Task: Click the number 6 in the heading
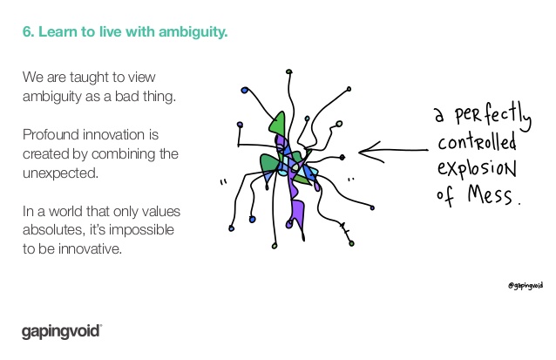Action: click(x=28, y=32)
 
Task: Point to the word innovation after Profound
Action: click(x=114, y=135)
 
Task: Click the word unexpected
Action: click(x=60, y=173)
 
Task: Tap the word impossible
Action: click(x=141, y=230)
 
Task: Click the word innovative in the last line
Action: click(x=90, y=249)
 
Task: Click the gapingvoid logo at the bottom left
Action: click(x=62, y=332)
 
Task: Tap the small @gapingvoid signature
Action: click(x=525, y=286)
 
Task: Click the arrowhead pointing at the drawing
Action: click(x=370, y=152)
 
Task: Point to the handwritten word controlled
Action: click(x=477, y=142)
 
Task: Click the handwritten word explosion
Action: click(x=477, y=168)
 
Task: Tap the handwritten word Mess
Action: click(x=491, y=195)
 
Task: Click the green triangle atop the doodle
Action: click(x=278, y=123)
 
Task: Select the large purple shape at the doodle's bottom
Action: click(x=297, y=211)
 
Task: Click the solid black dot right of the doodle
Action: click(x=342, y=157)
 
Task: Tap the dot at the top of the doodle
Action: click(x=289, y=71)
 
